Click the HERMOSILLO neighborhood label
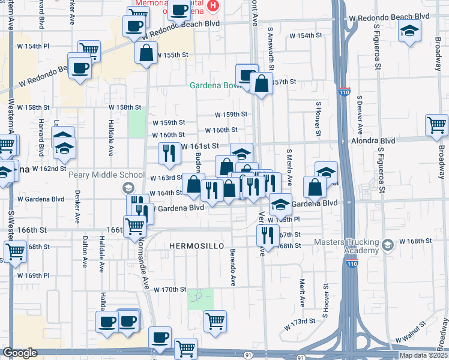tap(196, 247)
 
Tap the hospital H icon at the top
tap(212, 6)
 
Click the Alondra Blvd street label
tap(373, 140)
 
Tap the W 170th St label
tap(170, 289)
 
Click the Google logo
tap(20, 353)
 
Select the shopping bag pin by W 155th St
tap(146, 52)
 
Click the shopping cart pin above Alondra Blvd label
tap(436, 125)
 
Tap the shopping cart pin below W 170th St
tap(215, 320)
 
